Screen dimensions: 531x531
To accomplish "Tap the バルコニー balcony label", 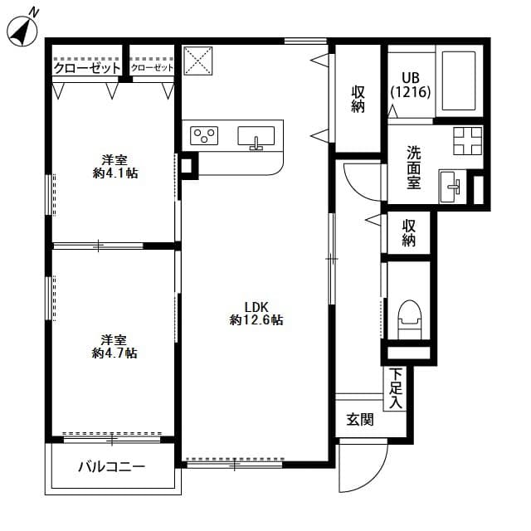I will click(x=112, y=467).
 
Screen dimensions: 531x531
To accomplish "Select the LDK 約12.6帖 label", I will click(x=256, y=313).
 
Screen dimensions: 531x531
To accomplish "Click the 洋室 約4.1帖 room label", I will click(x=114, y=166).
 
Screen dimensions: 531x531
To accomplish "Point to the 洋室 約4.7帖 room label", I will click(x=114, y=346).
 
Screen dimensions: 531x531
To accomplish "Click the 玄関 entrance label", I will click(x=360, y=420).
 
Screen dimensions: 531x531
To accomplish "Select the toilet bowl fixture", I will click(x=410, y=316).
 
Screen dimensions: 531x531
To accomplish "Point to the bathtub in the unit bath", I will click(x=457, y=80).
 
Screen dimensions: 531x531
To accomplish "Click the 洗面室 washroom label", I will click(x=413, y=168).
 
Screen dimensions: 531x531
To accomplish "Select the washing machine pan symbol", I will click(x=467, y=140).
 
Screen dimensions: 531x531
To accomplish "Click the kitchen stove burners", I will click(x=204, y=134).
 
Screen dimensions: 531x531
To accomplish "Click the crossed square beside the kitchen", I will click(x=197, y=60).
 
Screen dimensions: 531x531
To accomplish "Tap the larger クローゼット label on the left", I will click(x=87, y=69).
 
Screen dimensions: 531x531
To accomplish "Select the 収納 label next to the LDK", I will click(x=358, y=99).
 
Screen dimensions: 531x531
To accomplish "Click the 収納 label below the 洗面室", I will click(x=409, y=233).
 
